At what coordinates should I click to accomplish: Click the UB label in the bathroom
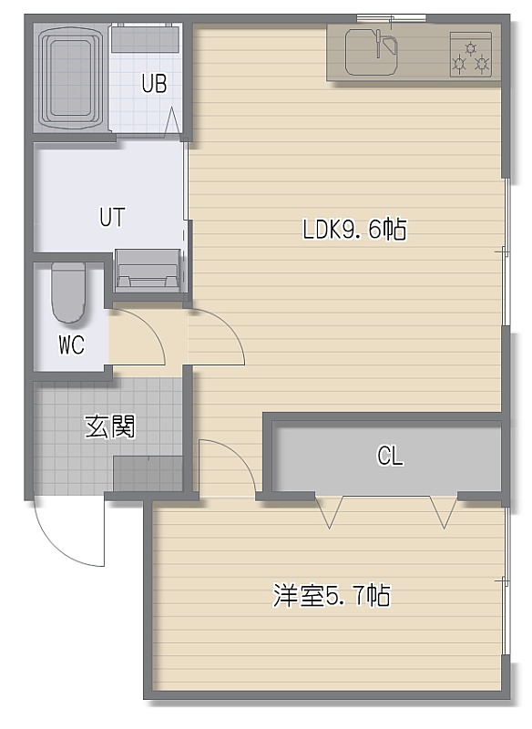[x=154, y=84]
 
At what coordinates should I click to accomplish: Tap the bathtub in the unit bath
[x=70, y=77]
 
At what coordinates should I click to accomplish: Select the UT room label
[x=112, y=217]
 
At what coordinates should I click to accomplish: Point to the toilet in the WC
[x=67, y=293]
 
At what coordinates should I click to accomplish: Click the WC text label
[x=72, y=345]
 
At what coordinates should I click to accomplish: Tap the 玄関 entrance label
[x=110, y=426]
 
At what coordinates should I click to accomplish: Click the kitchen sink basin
[x=372, y=52]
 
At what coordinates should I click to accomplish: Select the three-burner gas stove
[x=471, y=55]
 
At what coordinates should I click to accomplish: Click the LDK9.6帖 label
[x=354, y=230]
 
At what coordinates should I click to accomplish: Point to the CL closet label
[x=390, y=456]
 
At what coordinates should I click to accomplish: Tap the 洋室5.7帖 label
[x=332, y=595]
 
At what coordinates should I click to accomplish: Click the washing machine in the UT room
[x=148, y=271]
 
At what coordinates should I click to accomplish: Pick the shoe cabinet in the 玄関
[x=148, y=473]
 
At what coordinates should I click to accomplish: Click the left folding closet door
[x=329, y=511]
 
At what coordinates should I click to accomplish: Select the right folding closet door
[x=444, y=511]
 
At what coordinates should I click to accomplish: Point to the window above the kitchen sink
[x=391, y=18]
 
